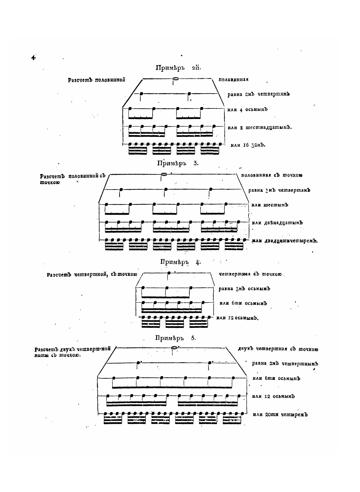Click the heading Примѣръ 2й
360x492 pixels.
pos(178,68)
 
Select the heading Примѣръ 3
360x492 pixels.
pos(178,163)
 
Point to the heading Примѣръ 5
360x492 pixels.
pos(176,338)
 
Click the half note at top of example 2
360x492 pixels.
pos(175,79)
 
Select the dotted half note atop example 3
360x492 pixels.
pos(164,175)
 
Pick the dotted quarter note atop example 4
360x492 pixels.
pos(169,273)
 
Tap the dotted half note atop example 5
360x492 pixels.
pos(174,348)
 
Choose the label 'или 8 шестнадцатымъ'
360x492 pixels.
pos(260,127)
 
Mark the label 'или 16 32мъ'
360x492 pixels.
pos(248,145)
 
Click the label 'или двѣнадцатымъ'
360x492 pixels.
pos(277,222)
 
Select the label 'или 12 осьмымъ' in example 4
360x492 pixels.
pos(237,318)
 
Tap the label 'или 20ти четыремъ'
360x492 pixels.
pos(280,415)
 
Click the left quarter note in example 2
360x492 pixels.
pos(141,94)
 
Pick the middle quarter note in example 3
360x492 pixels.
pos(166,189)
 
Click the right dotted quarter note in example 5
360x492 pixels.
pos(210,362)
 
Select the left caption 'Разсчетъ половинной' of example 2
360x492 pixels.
pos(97,80)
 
